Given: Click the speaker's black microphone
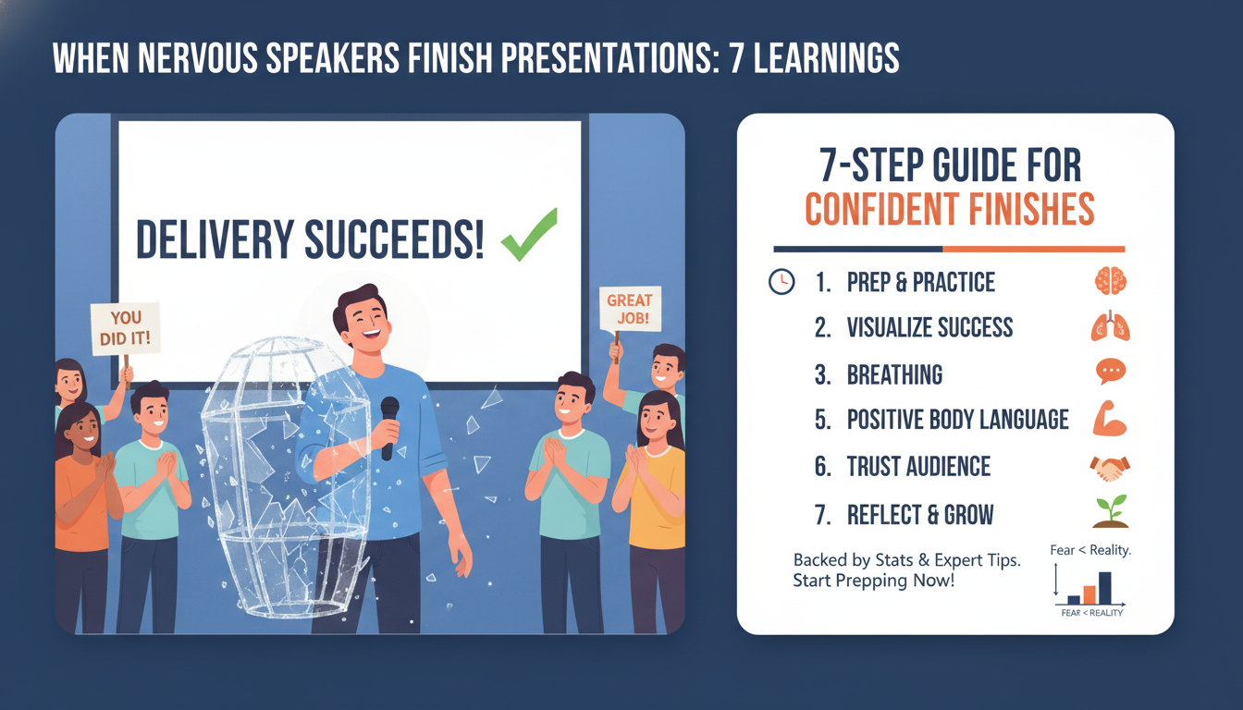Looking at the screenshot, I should tap(389, 425).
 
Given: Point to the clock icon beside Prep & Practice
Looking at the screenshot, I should tap(781, 282).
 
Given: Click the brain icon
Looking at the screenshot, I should tap(1109, 281).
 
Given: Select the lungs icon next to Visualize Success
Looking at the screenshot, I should tap(1109, 326).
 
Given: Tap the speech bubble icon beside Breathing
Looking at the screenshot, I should tap(1109, 373).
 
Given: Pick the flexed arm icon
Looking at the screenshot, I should tap(1109, 419).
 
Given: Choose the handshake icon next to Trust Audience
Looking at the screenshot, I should tap(1108, 467).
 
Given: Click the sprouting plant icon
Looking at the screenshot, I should tap(1110, 511).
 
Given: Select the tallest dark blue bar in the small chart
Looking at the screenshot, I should tap(1104, 587).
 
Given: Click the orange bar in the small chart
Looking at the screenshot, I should tap(1089, 594).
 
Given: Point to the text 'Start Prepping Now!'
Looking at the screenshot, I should tap(873, 581).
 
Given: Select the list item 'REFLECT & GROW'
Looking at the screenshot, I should tap(920, 514).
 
